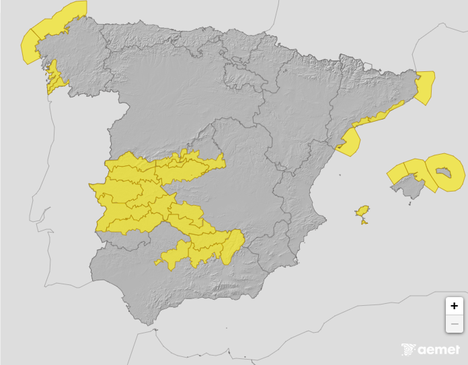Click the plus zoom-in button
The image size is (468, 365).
point(455,305)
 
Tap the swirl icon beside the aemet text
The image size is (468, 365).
point(409,350)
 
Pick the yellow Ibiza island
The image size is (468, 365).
point(363,212)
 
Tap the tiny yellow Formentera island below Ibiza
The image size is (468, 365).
point(364,222)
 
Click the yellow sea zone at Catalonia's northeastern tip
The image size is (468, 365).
point(425,87)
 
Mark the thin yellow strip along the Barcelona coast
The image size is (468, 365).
point(380,116)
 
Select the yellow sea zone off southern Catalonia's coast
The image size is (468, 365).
point(350,143)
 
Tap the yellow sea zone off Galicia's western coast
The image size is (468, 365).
point(29,47)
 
